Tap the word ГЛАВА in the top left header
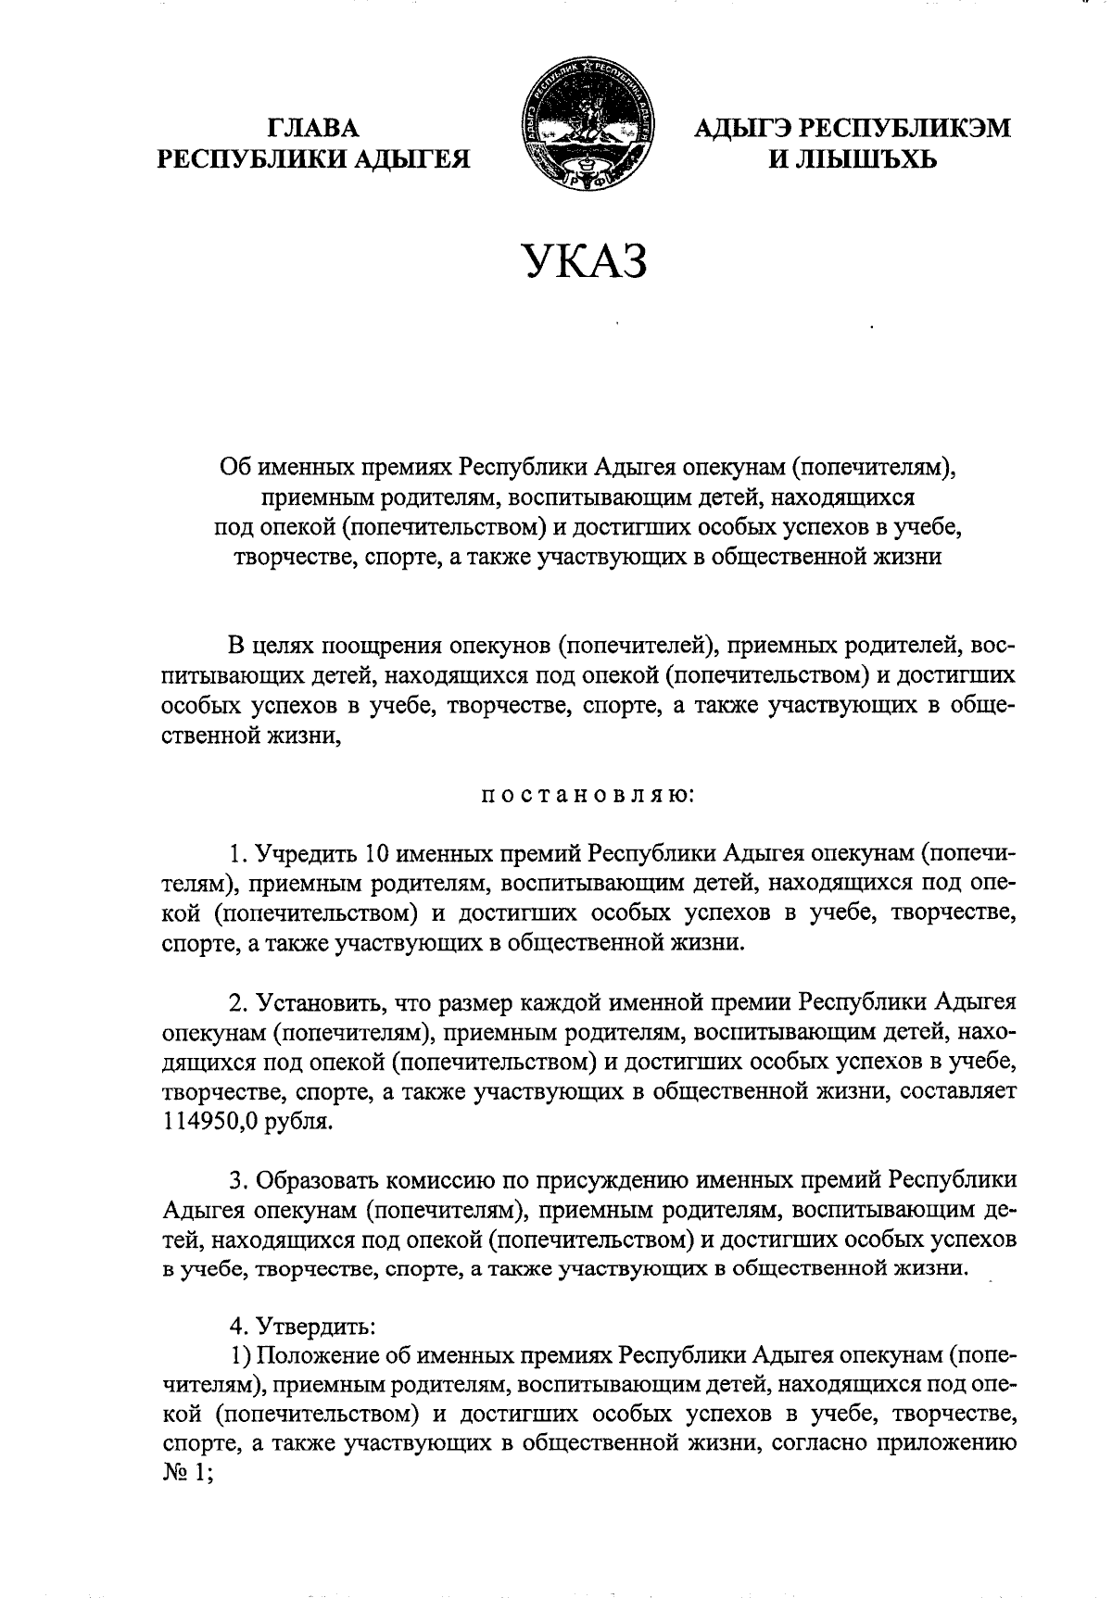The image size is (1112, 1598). pos(313,128)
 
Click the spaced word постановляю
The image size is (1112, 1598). pos(585,795)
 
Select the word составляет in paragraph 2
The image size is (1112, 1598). pos(957,1090)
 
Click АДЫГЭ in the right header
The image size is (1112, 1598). pos(742,128)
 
